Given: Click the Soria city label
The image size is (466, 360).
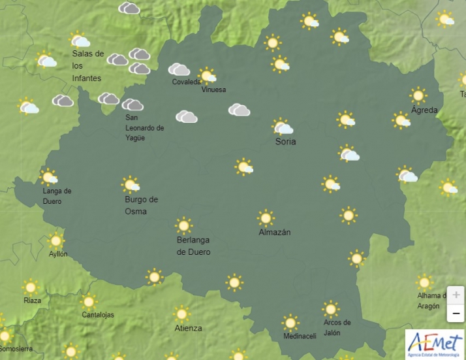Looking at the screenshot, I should click(285, 142).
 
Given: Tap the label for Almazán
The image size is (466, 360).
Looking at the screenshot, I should click(274, 233).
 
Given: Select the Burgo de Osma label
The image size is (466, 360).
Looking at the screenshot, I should click(141, 205).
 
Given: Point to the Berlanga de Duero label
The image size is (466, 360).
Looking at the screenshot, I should click(194, 246).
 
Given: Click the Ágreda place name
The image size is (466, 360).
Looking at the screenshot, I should click(424, 110).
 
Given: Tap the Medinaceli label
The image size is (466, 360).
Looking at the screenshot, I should click(300, 336).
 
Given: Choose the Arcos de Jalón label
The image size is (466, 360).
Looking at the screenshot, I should click(337, 327).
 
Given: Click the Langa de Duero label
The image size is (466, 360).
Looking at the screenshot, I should click(57, 196).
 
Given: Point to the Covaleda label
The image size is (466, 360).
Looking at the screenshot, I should click(187, 82).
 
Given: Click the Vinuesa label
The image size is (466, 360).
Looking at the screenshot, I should click(213, 90).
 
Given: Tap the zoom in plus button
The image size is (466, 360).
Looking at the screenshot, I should click(456, 295).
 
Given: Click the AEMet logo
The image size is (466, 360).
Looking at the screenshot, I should click(435, 343).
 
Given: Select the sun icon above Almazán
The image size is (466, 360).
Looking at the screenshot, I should click(266, 218).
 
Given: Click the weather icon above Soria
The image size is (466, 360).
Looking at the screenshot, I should click(282, 127).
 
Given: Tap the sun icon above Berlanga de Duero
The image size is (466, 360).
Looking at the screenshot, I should click(184, 225).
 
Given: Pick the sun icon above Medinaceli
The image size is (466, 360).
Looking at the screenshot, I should click(290, 323).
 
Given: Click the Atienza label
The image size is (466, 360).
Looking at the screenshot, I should click(188, 328).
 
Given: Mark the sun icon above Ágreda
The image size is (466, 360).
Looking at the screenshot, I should click(418, 95).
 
